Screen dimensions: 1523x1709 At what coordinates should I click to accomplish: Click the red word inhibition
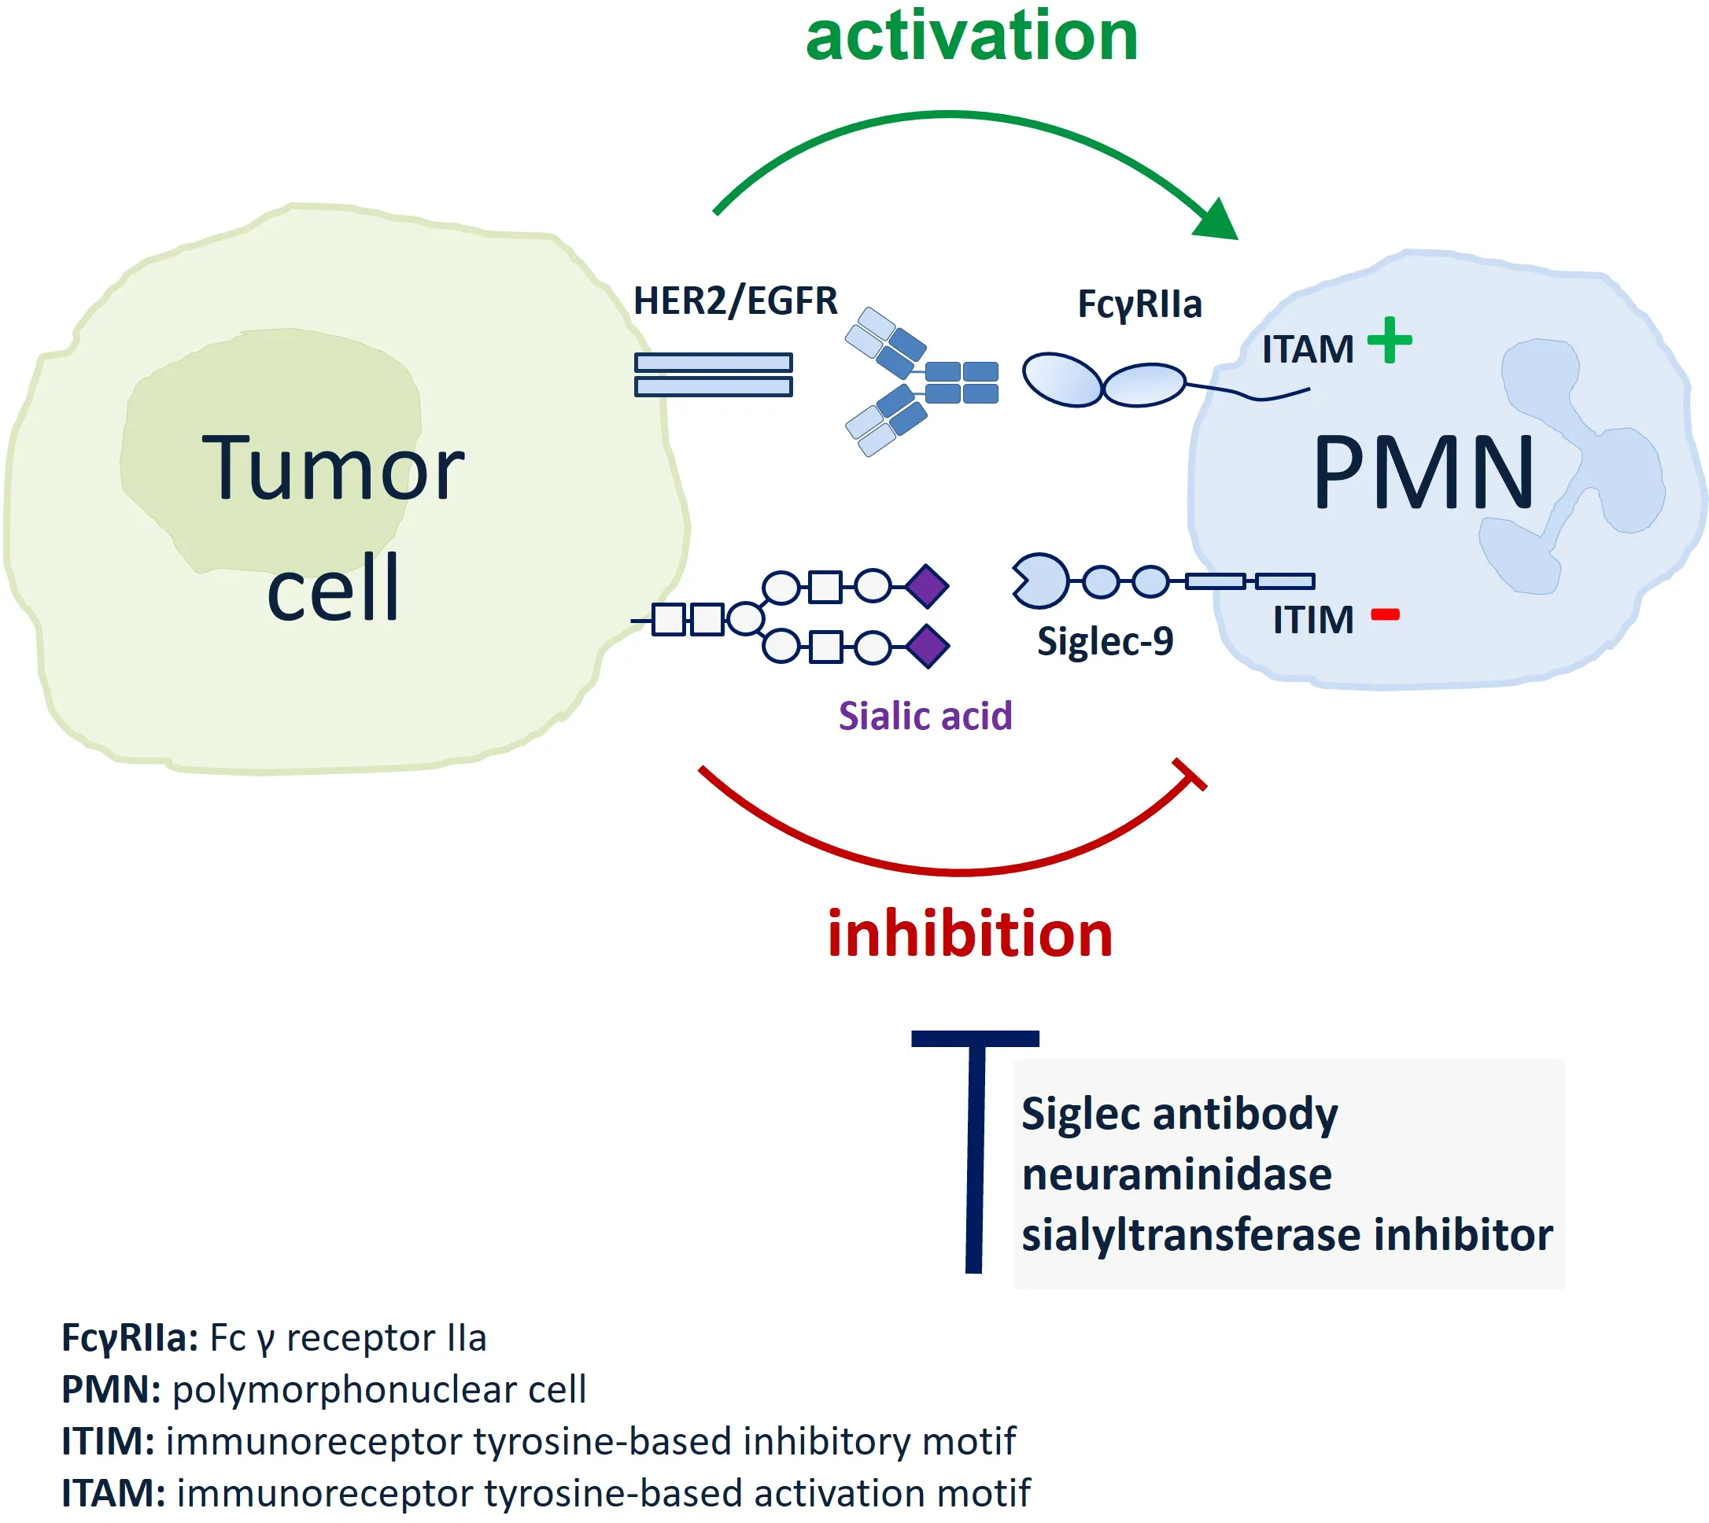(969, 934)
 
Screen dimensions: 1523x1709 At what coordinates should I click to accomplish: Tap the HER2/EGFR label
(735, 301)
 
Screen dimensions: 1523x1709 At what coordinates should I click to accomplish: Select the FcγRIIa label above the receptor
(1139, 304)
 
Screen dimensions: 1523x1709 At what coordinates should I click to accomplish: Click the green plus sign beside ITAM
(1390, 340)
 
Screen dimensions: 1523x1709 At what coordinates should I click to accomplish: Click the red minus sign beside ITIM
(1385, 615)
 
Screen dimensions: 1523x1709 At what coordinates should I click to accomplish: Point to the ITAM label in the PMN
(1307, 350)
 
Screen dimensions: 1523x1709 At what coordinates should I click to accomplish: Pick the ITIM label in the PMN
(1312, 621)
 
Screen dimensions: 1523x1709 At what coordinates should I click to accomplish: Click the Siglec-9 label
(1105, 642)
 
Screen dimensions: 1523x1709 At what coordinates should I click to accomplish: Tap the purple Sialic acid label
(925, 717)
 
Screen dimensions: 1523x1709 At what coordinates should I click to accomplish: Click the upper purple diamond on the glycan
(926, 586)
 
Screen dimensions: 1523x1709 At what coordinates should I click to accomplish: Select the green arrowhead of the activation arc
(1218, 222)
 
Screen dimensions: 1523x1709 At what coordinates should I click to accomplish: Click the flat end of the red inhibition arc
(1189, 774)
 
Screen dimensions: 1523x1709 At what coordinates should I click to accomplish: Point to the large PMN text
(1423, 473)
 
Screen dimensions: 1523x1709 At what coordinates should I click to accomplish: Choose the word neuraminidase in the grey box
(1176, 1174)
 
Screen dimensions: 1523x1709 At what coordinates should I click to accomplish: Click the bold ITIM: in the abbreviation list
(108, 1442)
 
